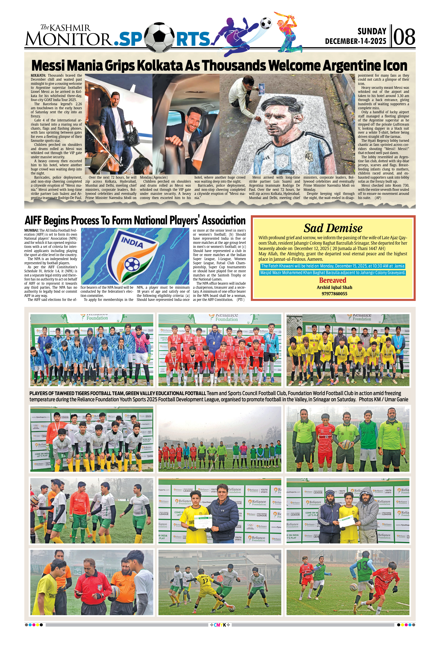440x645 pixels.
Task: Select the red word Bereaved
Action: point(333,280)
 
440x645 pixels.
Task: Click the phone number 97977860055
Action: point(334,294)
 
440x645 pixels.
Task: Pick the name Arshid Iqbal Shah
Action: point(334,287)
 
